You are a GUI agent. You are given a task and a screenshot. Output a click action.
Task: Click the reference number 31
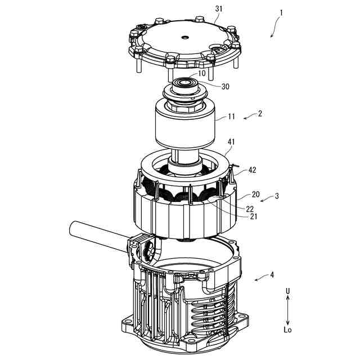(219, 8)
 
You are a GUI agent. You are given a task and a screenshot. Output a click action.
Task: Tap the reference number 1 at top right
(281, 13)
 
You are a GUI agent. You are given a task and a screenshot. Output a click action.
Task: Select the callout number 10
(202, 74)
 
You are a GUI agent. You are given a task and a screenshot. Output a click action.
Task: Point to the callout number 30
(225, 87)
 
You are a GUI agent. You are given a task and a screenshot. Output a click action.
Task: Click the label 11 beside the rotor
(231, 116)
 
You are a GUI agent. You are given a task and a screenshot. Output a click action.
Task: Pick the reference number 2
(260, 114)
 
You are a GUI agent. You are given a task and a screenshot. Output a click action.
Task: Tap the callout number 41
(231, 142)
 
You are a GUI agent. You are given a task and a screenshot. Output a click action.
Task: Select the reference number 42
(252, 170)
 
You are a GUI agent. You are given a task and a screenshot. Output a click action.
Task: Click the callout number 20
(255, 195)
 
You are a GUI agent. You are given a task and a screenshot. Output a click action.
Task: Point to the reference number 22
(250, 209)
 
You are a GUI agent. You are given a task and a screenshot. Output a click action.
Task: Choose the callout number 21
(253, 217)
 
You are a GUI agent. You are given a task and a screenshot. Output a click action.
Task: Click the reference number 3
(277, 196)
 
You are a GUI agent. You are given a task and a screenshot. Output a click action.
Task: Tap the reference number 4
(272, 275)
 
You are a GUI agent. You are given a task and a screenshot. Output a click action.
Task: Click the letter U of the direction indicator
(287, 291)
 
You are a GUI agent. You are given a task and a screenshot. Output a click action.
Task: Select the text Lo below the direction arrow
(287, 330)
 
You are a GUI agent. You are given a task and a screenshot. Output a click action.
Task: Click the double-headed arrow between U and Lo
(288, 310)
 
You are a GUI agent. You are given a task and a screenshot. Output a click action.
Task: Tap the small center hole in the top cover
(184, 37)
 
